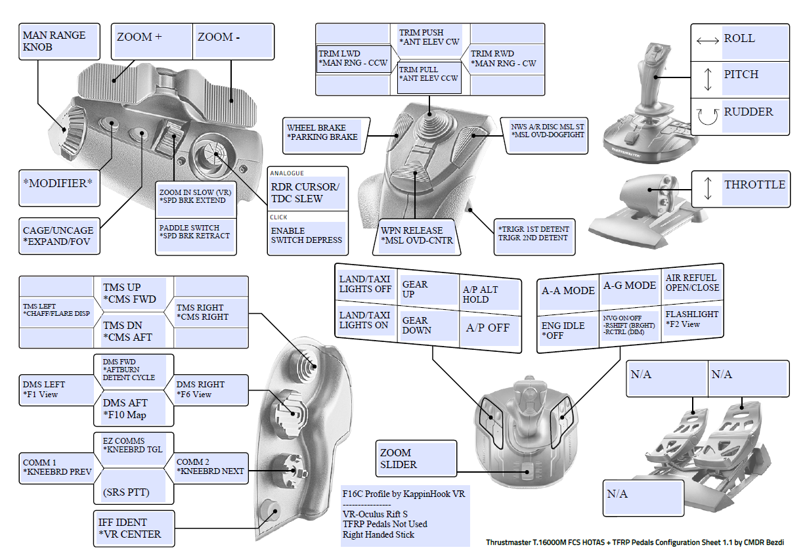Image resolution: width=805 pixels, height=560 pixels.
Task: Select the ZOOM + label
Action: pyautogui.click(x=152, y=41)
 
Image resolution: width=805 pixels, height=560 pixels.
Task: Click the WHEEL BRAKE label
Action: pyautogui.click(x=323, y=133)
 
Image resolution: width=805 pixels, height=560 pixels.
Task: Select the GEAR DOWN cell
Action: pyautogui.click(x=429, y=326)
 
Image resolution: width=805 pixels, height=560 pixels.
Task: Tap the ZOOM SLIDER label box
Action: pyautogui.click(x=416, y=458)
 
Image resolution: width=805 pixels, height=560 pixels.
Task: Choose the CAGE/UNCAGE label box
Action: pyautogui.click(x=59, y=237)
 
